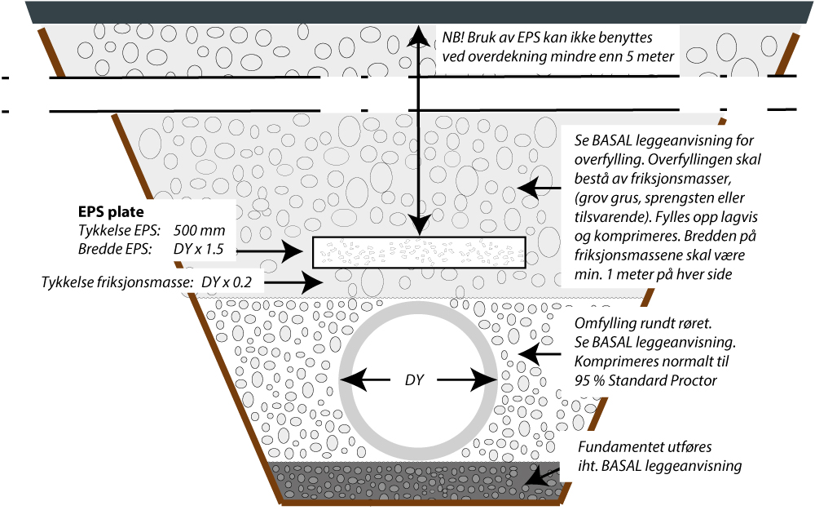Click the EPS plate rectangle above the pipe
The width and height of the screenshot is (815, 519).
click(x=419, y=252)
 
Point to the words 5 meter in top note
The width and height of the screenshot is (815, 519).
click(x=649, y=56)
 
